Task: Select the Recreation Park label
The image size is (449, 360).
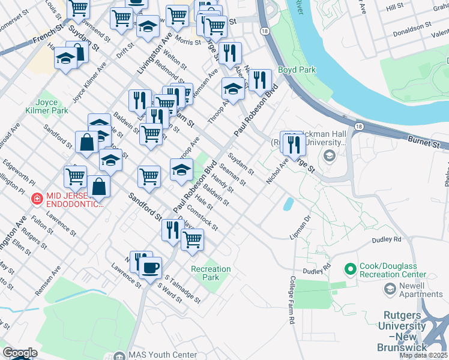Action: (211, 273)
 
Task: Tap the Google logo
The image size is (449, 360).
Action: (19, 353)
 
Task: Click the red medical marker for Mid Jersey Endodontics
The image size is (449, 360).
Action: (36, 197)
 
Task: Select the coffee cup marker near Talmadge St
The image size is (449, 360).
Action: (150, 267)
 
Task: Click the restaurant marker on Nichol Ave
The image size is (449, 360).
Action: (294, 144)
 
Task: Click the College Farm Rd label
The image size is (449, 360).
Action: (292, 300)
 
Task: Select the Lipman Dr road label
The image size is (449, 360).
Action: (300, 227)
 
